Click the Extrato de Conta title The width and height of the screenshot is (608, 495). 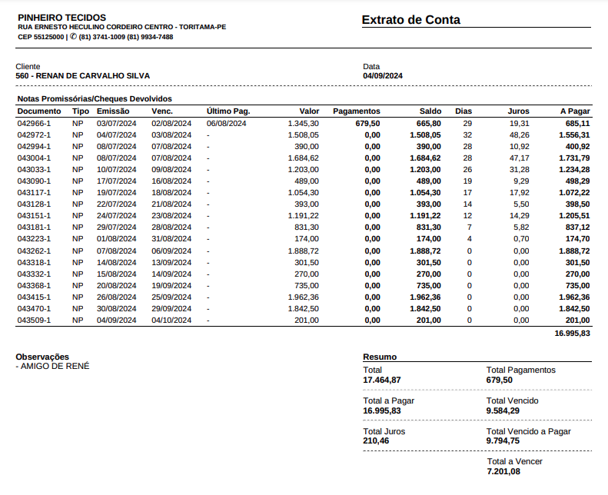pyautogui.click(x=410, y=20)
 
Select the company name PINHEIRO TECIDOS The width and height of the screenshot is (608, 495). pyautogui.click(x=61, y=17)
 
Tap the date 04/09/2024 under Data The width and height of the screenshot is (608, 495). pyautogui.click(x=383, y=76)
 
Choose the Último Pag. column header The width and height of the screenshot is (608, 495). pyautogui.click(x=228, y=111)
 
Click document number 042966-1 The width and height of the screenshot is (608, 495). pyautogui.click(x=34, y=123)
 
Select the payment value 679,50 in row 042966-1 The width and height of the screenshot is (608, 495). pyautogui.click(x=367, y=123)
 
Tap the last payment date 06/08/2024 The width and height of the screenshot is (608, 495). pyautogui.click(x=226, y=123)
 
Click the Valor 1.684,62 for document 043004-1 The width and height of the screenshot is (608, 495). pyautogui.click(x=303, y=158)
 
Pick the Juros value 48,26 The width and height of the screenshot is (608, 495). pyautogui.click(x=519, y=135)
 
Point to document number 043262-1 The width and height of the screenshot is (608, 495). pyautogui.click(x=34, y=251)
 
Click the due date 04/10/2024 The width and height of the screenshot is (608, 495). pyautogui.click(x=171, y=320)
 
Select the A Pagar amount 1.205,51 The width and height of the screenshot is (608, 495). pyautogui.click(x=574, y=216)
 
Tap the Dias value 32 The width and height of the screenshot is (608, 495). pyautogui.click(x=467, y=135)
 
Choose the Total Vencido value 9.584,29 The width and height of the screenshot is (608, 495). pyautogui.click(x=503, y=410)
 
